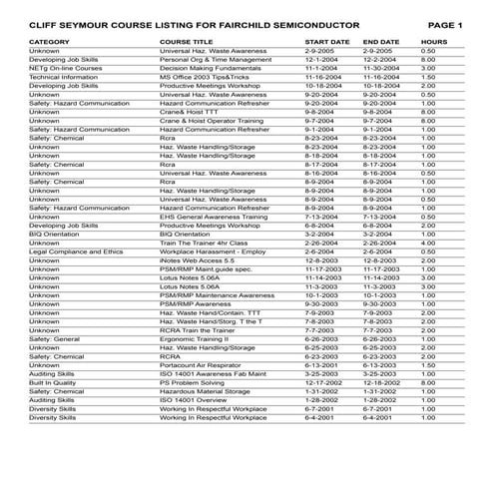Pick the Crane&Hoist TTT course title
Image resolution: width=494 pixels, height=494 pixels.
(187, 112)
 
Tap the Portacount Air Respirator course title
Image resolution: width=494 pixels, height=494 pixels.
(201, 364)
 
